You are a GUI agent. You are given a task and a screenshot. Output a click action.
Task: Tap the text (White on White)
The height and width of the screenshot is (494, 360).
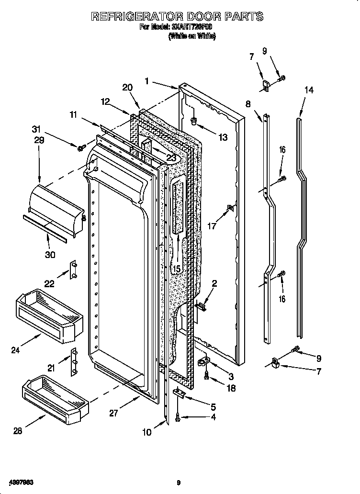coord(192,36)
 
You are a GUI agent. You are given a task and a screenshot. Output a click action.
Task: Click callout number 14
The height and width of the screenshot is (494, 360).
coord(309,90)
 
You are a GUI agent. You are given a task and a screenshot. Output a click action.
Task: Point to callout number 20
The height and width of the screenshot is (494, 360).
coord(127,88)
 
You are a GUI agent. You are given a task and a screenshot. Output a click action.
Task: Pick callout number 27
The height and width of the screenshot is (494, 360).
coord(113,414)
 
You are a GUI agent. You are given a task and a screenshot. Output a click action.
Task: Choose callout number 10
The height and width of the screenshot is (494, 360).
coord(146,432)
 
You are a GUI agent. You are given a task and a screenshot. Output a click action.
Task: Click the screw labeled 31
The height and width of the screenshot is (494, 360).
coord(80,147)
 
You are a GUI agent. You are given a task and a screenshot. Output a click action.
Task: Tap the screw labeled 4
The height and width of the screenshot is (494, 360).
coord(178,419)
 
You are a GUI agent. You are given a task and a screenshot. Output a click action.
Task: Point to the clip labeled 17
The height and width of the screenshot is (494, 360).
coord(229,208)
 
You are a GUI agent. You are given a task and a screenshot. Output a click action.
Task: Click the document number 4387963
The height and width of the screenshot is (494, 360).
coord(18,483)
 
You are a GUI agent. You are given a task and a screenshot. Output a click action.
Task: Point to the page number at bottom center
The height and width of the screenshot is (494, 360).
coord(178,483)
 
